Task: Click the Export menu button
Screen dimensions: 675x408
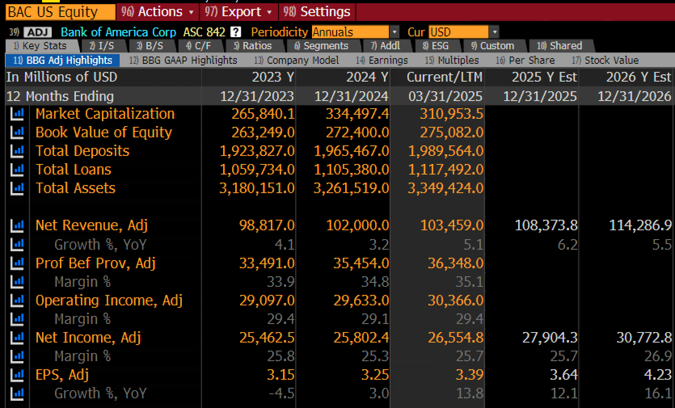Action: pos(238,12)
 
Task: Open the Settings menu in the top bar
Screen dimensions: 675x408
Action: pos(317,12)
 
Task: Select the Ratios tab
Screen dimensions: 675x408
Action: pos(253,46)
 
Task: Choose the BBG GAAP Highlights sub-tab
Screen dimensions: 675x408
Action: pos(183,60)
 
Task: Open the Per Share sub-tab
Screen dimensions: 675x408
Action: pos(525,60)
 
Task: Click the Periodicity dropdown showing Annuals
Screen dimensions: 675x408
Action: pos(355,32)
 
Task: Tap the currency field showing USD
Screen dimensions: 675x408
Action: pos(464,32)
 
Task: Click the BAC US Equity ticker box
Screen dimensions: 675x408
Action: pos(60,12)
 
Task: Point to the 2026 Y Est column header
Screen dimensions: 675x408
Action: pos(639,77)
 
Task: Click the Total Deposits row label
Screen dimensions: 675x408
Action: pos(82,151)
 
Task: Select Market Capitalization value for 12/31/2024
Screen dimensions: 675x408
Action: pos(357,114)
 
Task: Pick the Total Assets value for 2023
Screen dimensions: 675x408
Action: pos(257,188)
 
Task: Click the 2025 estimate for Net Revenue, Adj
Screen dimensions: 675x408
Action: pos(546,225)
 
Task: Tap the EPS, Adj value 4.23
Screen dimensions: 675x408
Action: pos(658,375)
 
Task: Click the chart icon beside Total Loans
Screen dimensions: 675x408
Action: pos(17,170)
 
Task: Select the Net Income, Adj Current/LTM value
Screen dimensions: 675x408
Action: pos(456,338)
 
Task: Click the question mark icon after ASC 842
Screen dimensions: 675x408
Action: pos(236,32)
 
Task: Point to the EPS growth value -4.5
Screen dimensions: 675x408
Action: pos(281,393)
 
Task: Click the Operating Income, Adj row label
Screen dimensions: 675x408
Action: pos(109,301)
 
